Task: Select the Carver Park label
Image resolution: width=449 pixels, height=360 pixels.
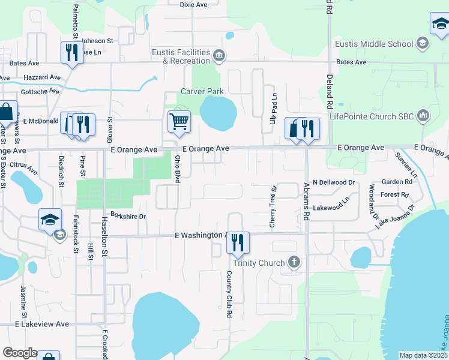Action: (202, 92)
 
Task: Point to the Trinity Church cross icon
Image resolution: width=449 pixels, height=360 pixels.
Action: (294, 262)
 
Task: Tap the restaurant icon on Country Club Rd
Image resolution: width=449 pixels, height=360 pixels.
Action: (238, 242)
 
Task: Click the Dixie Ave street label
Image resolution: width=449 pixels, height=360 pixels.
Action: (193, 4)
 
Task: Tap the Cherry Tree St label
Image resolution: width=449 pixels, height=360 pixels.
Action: (273, 205)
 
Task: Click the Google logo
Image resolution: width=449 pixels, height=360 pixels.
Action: (20, 353)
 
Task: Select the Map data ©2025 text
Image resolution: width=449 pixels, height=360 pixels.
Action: (423, 355)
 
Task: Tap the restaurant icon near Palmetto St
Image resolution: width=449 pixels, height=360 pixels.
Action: (70, 52)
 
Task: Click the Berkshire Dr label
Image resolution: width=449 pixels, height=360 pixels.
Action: (128, 217)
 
